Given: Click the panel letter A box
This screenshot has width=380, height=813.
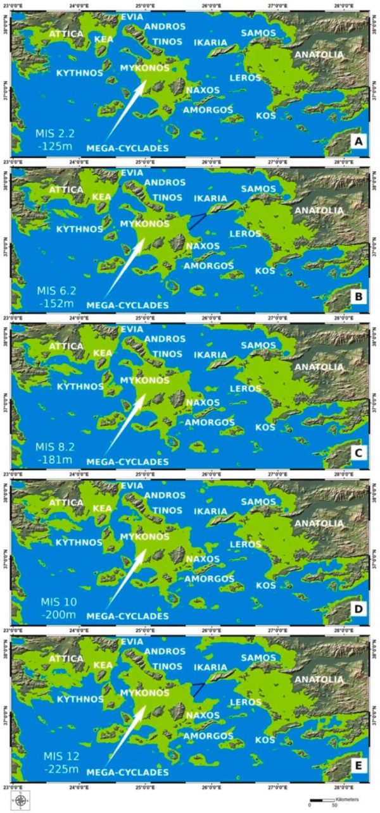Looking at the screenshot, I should tap(358, 144).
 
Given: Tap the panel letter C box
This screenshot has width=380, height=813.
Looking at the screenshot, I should tap(358, 456).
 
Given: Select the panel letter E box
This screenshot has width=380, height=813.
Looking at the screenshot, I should tap(358, 767).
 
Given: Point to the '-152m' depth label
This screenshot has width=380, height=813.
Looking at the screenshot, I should tap(55, 303).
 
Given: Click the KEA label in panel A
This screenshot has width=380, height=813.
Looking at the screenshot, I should tap(104, 39).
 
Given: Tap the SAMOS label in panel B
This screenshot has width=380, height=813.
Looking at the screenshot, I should tap(258, 189).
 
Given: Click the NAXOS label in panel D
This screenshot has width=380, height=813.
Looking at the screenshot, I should tap(203, 559).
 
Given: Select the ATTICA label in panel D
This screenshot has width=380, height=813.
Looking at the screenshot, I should tap(65, 502).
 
